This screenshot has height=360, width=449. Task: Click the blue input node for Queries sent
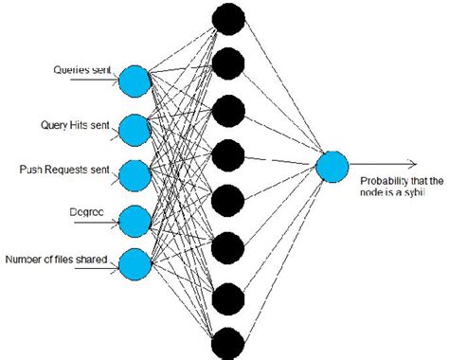pos(135,82)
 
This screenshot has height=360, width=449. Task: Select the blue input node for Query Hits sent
pos(135,129)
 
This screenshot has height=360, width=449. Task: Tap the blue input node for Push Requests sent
pos(135,174)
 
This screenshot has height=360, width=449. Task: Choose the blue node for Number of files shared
pos(135,261)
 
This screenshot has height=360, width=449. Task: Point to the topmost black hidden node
pos(228,19)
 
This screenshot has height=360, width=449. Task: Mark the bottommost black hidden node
pos(228,342)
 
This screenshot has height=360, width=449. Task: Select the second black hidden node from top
pos(228,64)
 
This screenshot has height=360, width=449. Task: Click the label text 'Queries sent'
pos(79,69)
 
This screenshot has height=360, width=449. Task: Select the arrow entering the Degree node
pos(104,225)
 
